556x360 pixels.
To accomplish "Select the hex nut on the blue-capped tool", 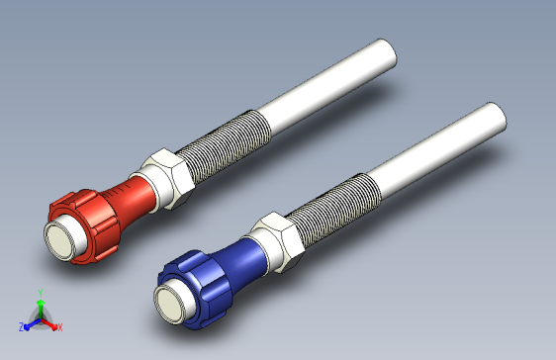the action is (279, 242).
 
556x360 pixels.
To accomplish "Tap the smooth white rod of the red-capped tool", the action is (326, 87).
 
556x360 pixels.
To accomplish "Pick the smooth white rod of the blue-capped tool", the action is (436, 150).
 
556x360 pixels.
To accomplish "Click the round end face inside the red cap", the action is (61, 238).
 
